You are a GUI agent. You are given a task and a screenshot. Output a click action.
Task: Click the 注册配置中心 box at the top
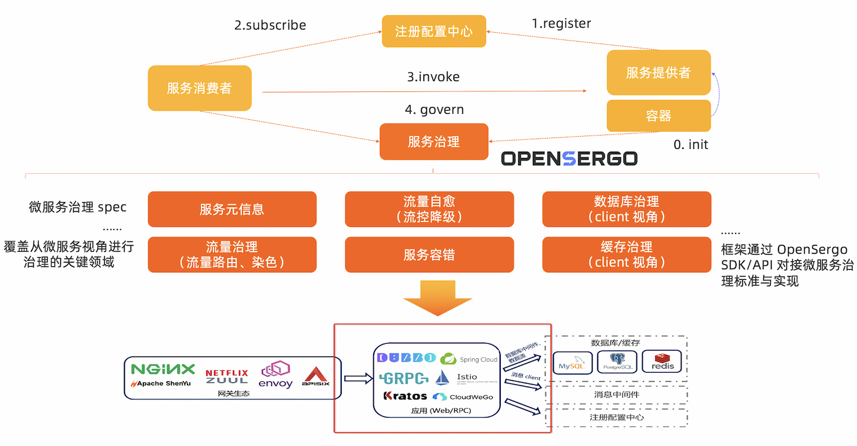tap(434, 31)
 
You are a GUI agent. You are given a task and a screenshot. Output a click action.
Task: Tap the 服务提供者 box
tap(658, 73)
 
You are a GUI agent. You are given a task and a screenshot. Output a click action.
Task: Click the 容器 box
tap(658, 116)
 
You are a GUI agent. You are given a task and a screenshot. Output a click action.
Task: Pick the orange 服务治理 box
tap(434, 142)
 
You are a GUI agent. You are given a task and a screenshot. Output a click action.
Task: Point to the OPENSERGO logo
tap(569, 159)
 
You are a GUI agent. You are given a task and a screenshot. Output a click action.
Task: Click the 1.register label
tap(561, 24)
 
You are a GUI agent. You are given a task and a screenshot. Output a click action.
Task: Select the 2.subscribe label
tap(270, 25)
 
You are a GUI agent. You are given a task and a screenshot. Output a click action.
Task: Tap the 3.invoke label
tap(433, 77)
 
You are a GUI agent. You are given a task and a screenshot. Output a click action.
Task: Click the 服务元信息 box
tap(232, 209)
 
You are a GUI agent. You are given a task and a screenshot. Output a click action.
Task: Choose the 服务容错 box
tap(429, 255)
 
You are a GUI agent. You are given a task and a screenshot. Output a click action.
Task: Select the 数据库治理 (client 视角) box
tap(626, 209)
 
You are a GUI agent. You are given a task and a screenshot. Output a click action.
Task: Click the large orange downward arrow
tap(437, 298)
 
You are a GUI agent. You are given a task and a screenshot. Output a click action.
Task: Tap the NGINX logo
tap(163, 369)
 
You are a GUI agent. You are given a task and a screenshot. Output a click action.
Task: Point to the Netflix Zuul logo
tap(226, 376)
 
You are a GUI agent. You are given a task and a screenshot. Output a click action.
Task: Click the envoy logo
tap(276, 375)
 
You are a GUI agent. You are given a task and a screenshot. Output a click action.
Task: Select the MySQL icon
tap(572, 362)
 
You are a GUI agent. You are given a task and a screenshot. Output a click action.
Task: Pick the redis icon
tap(662, 362)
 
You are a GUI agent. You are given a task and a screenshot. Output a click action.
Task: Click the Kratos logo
tap(405, 396)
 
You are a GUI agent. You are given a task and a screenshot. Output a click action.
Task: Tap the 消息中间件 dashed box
tap(616, 395)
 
